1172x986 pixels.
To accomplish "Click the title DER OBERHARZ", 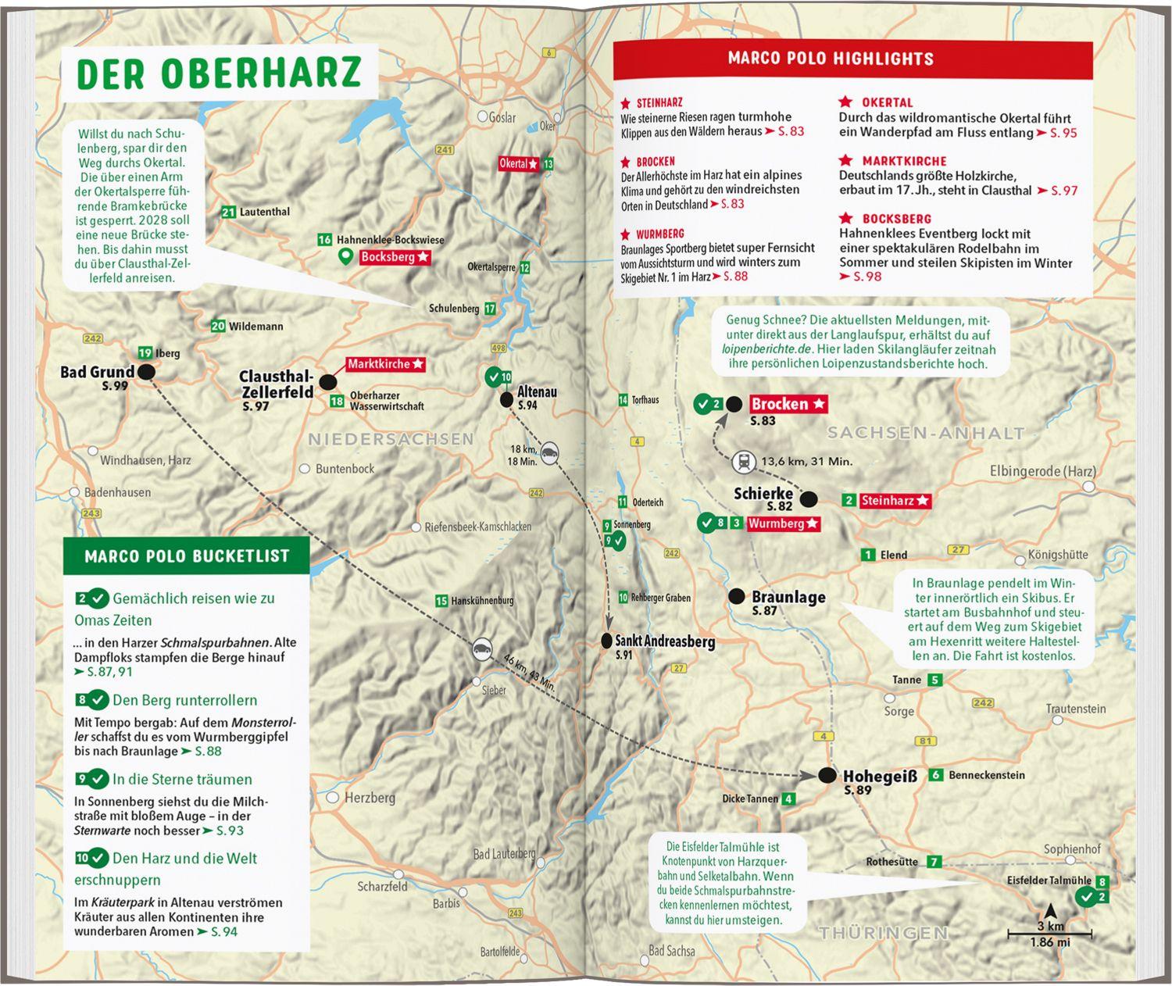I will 220,73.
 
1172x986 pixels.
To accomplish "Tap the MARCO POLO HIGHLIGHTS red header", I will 831,59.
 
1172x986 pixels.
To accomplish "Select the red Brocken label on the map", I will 788,404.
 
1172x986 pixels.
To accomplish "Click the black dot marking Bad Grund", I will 146,373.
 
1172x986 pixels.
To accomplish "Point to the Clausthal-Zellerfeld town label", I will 276,385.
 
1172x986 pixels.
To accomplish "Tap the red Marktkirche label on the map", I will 385,364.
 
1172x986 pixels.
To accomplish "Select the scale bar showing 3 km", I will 1050,933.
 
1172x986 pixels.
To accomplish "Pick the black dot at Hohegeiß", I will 827,776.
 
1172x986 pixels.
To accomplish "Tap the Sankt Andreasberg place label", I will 664,641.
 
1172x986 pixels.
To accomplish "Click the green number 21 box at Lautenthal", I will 228,212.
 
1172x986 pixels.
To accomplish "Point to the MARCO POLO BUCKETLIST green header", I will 187,556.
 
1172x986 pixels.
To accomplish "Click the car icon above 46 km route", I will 482,648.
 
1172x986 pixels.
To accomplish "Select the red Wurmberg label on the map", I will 783,523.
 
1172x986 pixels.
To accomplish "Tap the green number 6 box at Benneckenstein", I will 935,775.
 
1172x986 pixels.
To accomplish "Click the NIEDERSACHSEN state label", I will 391,439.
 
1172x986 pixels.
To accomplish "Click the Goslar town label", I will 502,117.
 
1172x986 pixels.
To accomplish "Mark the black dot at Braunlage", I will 736,596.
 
